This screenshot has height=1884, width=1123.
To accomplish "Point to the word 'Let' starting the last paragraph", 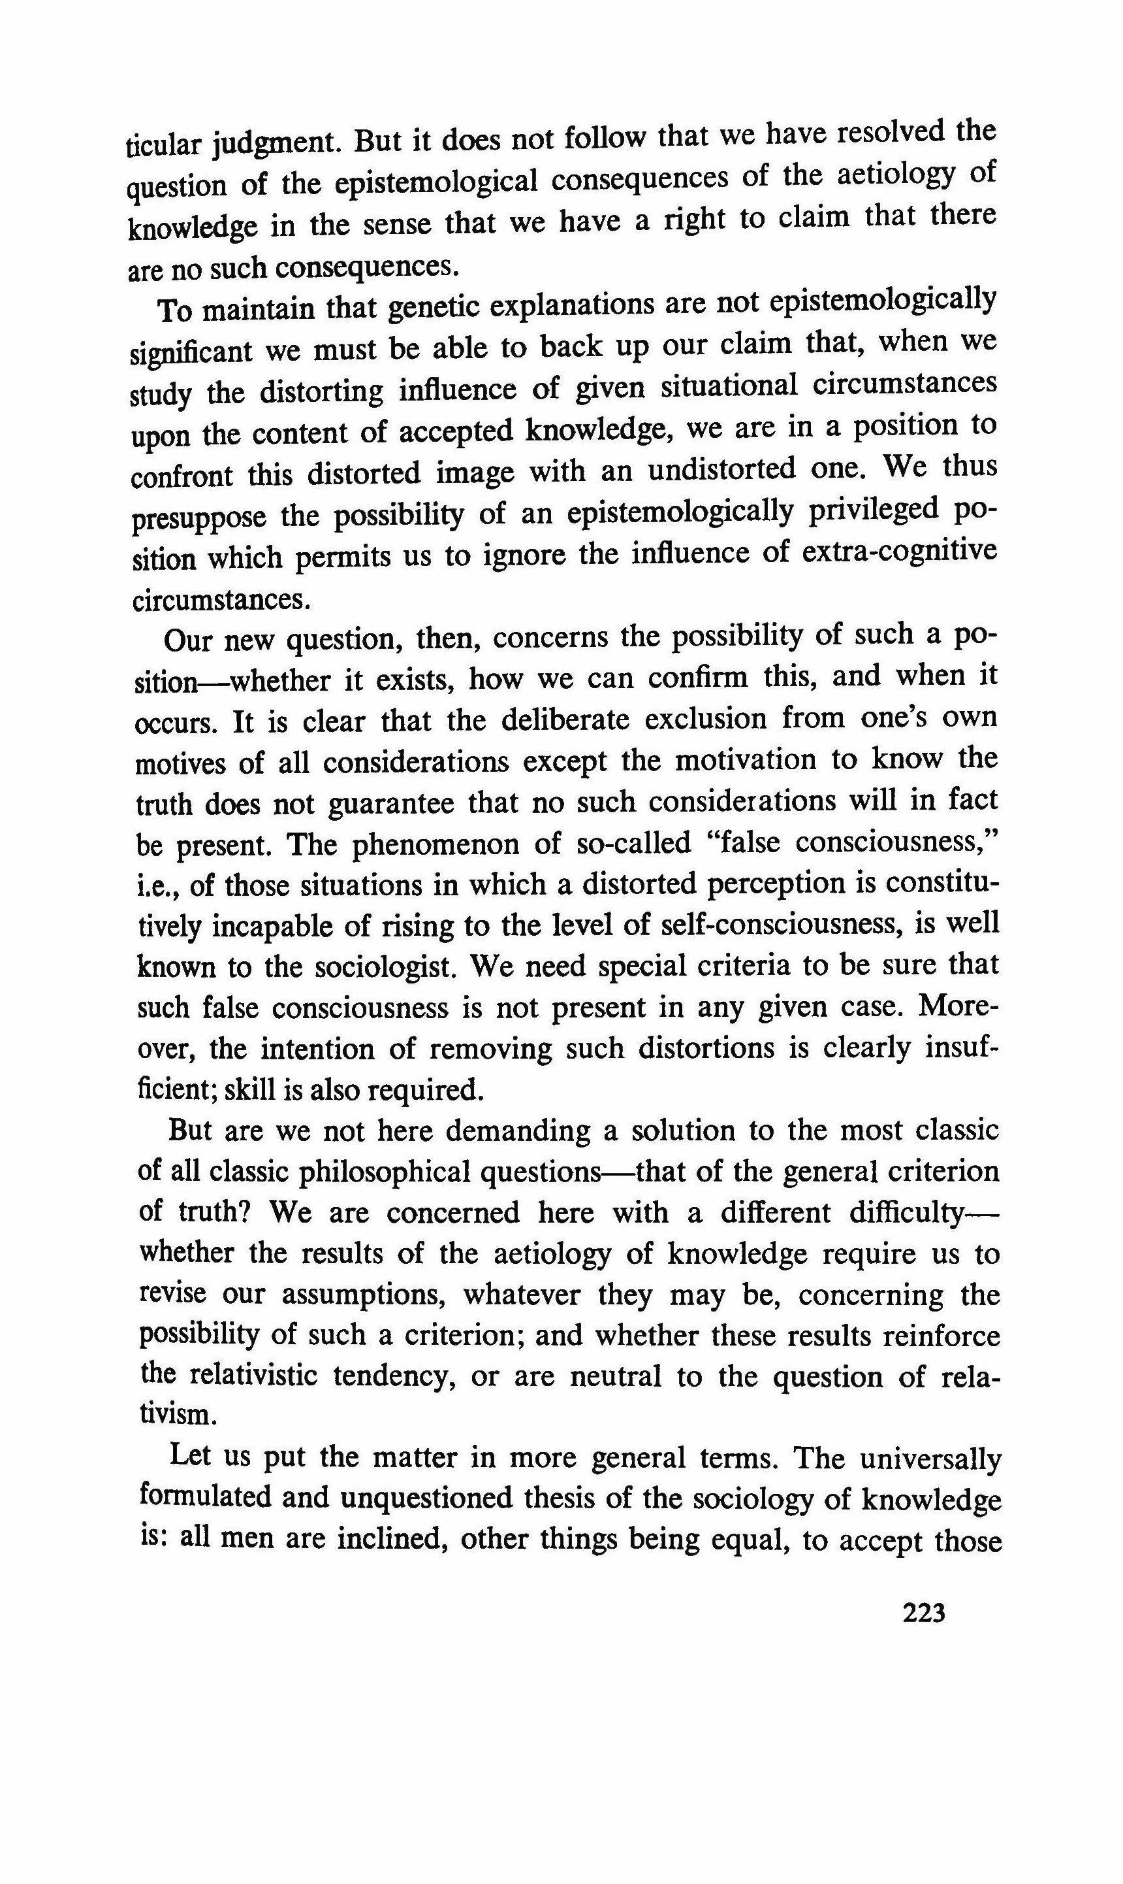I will [x=189, y=1455].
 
